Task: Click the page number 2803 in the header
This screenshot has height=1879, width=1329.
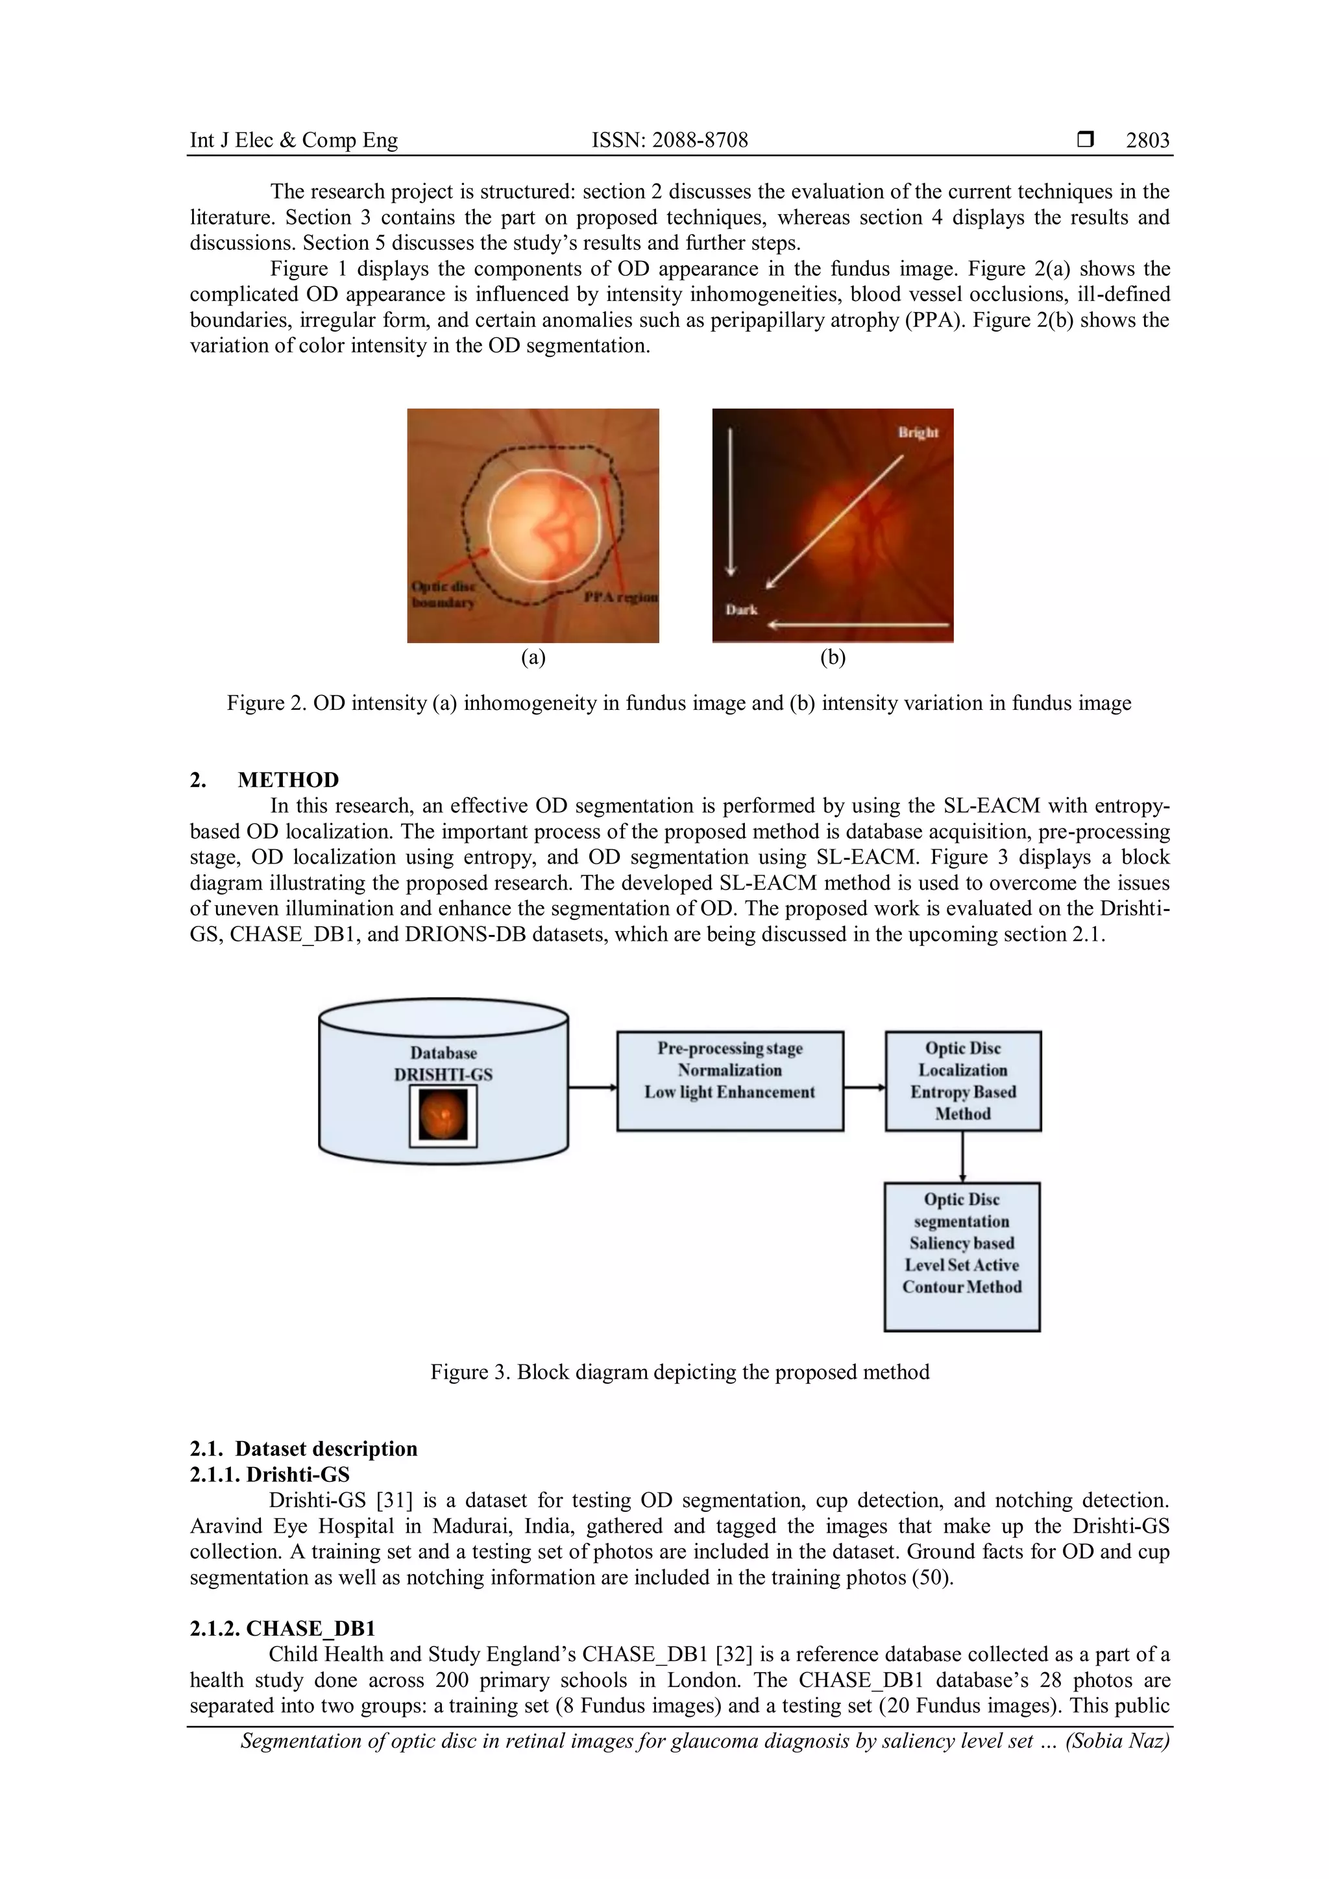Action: click(1147, 141)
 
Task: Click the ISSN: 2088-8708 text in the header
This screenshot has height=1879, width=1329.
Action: click(670, 141)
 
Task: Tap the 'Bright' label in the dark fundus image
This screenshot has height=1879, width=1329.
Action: click(918, 432)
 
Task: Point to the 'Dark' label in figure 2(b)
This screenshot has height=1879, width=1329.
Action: click(742, 610)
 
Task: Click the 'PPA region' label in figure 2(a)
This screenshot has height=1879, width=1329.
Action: click(620, 598)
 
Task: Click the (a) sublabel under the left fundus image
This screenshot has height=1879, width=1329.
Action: click(533, 657)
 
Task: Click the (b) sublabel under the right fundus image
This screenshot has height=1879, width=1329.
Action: click(833, 657)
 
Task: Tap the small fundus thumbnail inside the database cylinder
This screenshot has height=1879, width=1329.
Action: click(443, 1116)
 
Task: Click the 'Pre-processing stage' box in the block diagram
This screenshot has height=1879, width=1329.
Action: click(729, 1080)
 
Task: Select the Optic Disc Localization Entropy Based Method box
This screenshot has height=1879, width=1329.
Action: click(962, 1080)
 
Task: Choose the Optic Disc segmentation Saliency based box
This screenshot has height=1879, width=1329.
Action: click(962, 1255)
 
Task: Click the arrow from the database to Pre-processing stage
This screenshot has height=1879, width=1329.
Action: click(592, 1087)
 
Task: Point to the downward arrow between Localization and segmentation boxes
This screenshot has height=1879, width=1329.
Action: click(962, 1156)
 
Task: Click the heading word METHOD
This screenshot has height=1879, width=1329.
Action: click(288, 780)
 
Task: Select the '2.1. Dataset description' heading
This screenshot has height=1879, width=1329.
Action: click(304, 1449)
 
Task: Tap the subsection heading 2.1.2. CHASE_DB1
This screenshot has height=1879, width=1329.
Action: click(282, 1629)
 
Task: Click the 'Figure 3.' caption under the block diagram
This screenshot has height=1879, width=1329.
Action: click(470, 1372)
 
